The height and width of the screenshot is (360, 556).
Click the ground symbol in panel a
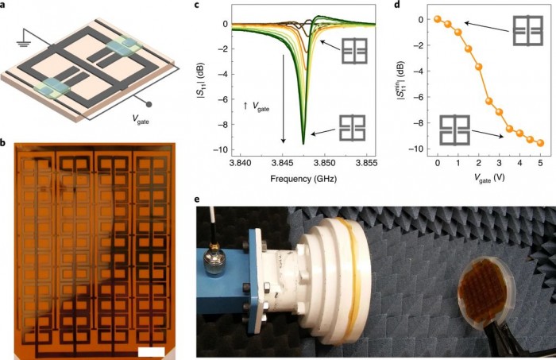24,43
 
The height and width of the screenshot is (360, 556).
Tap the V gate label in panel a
141,119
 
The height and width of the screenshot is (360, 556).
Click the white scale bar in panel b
152,351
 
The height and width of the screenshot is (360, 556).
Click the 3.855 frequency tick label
367,163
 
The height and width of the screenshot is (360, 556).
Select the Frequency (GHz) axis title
303,179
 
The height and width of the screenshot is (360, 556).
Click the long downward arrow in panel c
283,99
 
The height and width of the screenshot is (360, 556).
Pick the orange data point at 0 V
438,19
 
